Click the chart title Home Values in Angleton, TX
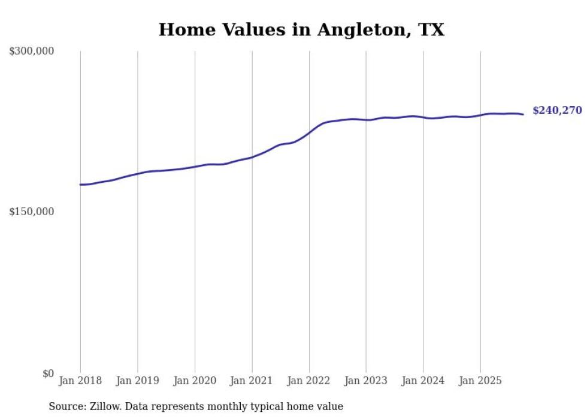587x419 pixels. click(301, 29)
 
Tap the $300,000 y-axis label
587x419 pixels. click(32, 52)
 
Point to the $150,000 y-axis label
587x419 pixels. click(32, 212)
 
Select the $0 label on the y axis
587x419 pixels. click(48, 373)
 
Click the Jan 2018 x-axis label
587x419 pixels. click(80, 381)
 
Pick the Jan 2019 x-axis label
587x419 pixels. click(138, 381)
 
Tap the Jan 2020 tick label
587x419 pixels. click(195, 381)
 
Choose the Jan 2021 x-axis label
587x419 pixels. click(252, 381)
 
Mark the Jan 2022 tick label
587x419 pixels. click(309, 381)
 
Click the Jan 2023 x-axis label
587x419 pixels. click(366, 381)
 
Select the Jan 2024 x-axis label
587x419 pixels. click(423, 381)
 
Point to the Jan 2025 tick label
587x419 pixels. click(480, 381)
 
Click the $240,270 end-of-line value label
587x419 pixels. click(557, 110)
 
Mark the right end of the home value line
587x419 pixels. click(523, 114)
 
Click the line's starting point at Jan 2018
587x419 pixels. click(80, 185)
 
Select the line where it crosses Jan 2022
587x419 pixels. click(309, 132)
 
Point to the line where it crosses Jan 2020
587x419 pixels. click(195, 167)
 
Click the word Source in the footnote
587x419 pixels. click(65, 407)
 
